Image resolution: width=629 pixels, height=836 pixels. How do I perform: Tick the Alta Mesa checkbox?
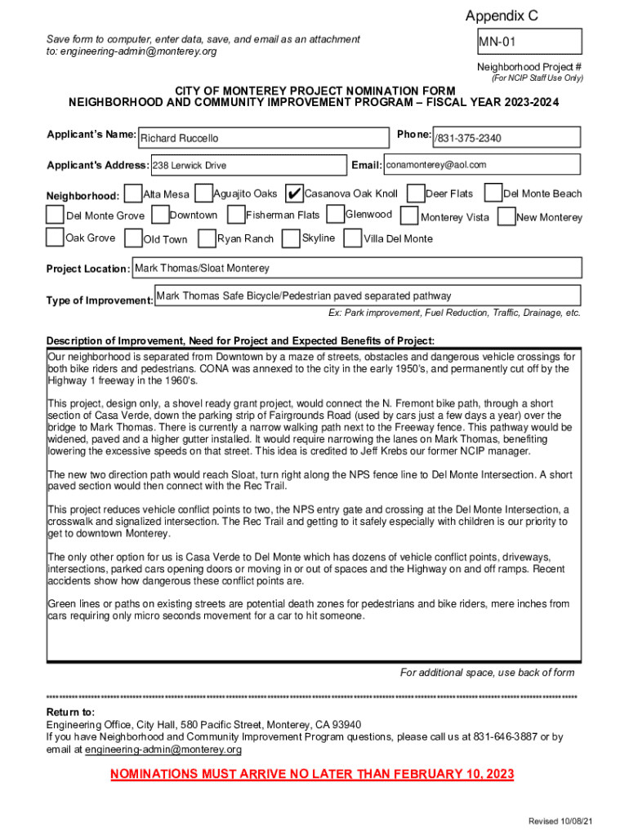tap(133, 193)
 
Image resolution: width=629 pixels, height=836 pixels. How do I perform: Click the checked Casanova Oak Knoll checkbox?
tap(293, 193)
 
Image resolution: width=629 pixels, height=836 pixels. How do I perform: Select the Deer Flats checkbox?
tap(415, 193)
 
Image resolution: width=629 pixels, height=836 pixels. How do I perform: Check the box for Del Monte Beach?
tap(493, 193)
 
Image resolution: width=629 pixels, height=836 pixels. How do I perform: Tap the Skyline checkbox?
tap(290, 238)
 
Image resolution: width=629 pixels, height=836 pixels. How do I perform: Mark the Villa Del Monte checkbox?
tap(352, 238)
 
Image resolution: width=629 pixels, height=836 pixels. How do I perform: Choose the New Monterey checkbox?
tap(506, 217)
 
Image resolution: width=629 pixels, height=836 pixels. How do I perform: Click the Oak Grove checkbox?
tap(55, 238)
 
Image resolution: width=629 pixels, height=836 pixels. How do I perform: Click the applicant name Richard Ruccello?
tap(181, 138)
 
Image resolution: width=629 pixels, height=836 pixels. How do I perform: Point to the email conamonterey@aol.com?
tap(436, 165)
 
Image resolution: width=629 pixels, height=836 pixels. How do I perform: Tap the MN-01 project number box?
tap(529, 42)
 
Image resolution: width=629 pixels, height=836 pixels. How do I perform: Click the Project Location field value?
tap(201, 268)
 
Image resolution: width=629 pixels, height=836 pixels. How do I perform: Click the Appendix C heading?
tap(502, 16)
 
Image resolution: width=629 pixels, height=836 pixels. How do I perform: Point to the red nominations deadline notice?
tap(312, 774)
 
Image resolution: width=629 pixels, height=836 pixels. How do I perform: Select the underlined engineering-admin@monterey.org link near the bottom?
tap(163, 749)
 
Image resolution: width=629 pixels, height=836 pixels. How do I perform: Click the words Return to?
tap(70, 712)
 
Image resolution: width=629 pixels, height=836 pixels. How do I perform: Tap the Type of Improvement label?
tap(100, 300)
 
